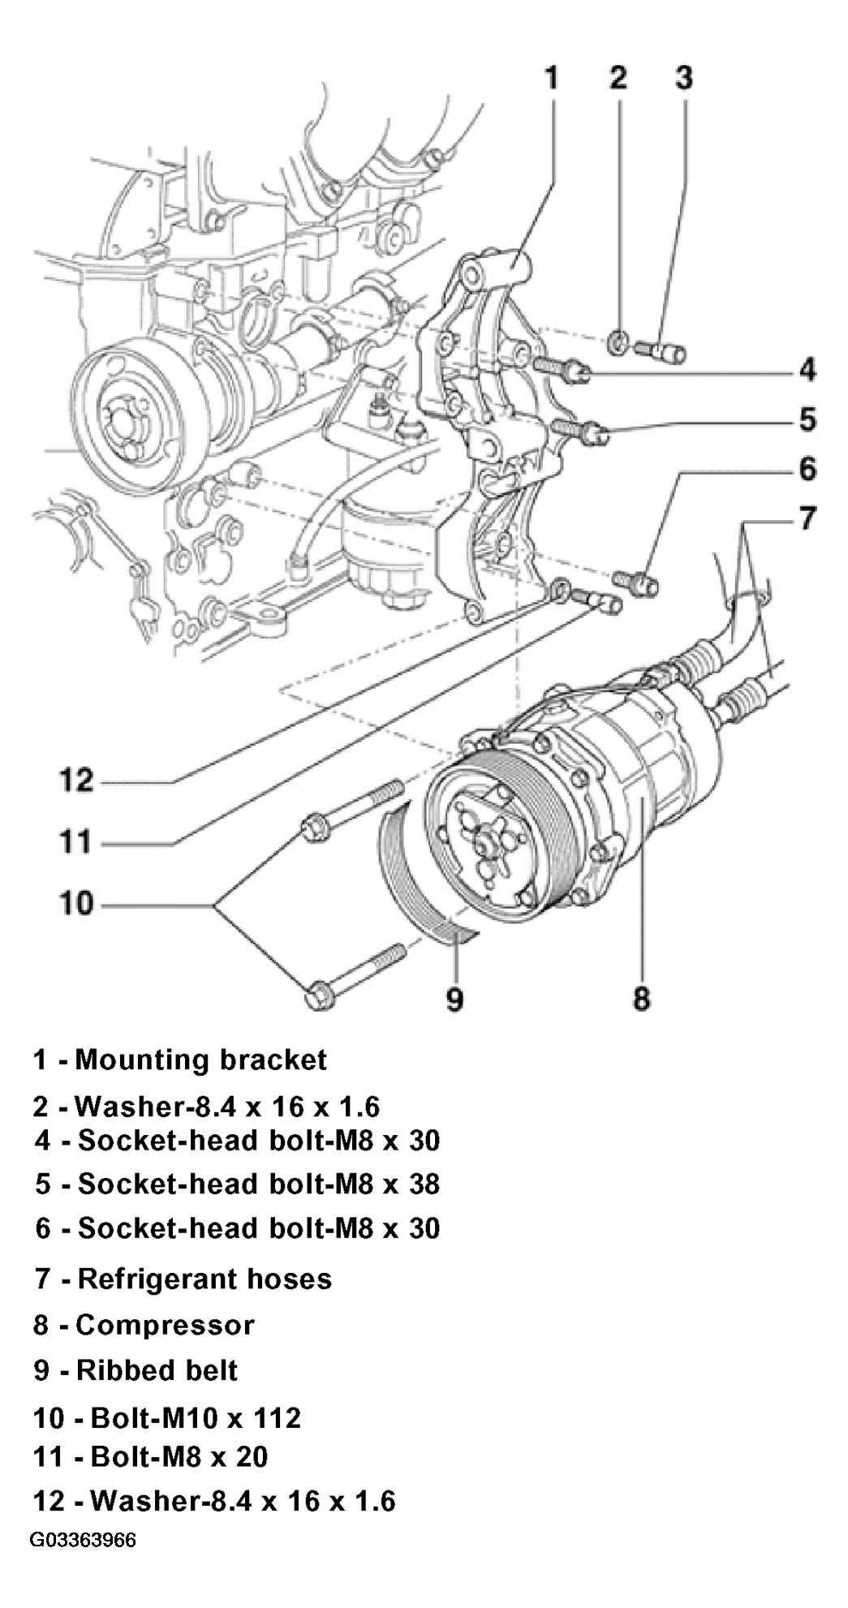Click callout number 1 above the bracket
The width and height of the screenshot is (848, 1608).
(x=551, y=78)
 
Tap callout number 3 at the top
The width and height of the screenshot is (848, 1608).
(x=683, y=78)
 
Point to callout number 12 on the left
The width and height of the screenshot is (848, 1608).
(x=77, y=781)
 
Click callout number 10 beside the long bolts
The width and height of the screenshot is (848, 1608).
(x=77, y=903)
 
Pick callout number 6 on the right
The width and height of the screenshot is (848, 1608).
(x=807, y=469)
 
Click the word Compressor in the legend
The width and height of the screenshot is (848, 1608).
(x=165, y=1325)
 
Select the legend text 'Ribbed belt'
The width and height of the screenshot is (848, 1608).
(x=157, y=1370)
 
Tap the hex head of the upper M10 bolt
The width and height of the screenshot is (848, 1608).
(x=314, y=828)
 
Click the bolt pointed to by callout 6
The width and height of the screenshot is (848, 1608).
(x=638, y=581)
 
